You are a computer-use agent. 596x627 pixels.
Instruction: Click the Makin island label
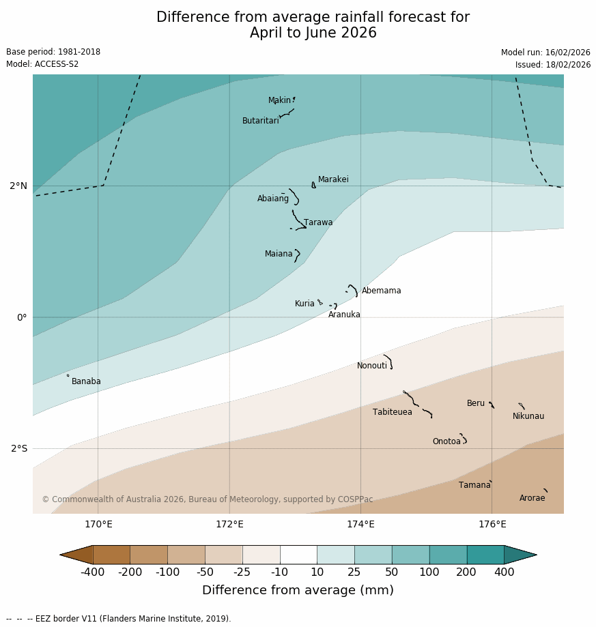279,100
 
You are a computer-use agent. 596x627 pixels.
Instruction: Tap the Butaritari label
260,121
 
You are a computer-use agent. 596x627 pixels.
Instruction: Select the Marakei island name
333,179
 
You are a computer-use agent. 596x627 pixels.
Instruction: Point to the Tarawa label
318,222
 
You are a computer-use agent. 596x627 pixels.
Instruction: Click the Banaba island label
86,381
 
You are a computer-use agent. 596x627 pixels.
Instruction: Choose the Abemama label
381,291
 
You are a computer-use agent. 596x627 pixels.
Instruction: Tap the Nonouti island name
371,366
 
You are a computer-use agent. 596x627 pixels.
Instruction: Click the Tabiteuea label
392,412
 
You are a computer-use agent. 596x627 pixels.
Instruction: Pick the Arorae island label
532,498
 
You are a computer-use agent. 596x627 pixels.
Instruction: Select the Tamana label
474,485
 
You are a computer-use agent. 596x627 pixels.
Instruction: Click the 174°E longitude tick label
360,524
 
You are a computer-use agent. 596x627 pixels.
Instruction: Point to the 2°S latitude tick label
19,448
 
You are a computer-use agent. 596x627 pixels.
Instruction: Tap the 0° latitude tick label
22,317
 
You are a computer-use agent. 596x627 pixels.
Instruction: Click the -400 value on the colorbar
92,572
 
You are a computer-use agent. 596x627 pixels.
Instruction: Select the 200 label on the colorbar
466,572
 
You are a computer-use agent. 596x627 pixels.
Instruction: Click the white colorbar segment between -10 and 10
298,555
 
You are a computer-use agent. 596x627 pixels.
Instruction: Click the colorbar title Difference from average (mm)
298,590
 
